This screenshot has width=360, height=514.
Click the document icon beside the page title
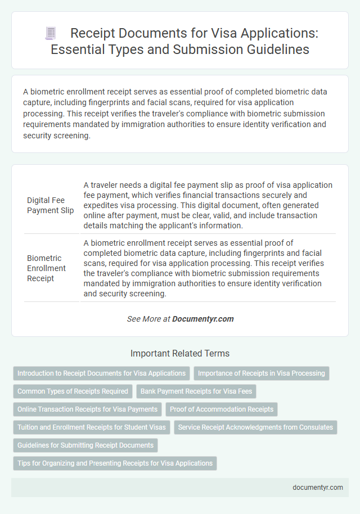(x=50, y=33)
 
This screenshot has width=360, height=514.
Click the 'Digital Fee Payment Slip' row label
(x=51, y=205)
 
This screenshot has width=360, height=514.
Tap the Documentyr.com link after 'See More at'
(x=202, y=319)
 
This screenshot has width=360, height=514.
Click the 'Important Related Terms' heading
(x=179, y=354)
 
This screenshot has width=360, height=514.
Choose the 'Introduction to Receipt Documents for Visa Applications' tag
(x=101, y=373)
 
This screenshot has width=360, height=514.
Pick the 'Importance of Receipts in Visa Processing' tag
(x=261, y=373)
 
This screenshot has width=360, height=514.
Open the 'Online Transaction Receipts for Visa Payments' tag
(x=88, y=409)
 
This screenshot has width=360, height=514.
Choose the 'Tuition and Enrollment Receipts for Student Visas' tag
(x=92, y=427)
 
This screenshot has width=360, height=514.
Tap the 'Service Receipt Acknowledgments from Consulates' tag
(x=255, y=427)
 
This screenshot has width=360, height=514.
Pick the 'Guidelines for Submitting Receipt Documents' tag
(x=85, y=445)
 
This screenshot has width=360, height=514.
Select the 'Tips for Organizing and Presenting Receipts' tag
(x=115, y=463)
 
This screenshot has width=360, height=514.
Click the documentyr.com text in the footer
(x=318, y=488)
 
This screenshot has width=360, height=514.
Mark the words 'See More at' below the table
(x=148, y=319)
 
